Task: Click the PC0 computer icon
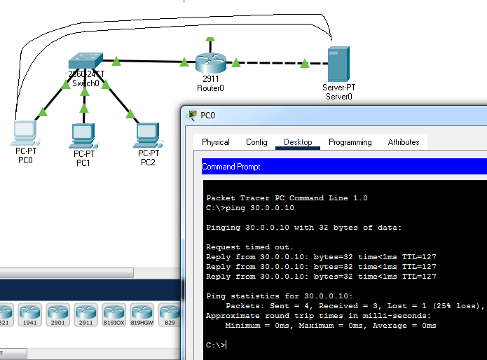[25, 133]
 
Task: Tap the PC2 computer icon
[148, 135]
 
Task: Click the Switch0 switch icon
[85, 60]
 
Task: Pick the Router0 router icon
[211, 63]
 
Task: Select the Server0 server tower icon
[339, 64]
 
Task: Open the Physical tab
[216, 142]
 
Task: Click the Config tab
[256, 142]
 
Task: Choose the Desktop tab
[298, 142]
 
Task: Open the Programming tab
[350, 142]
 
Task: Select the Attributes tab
[404, 142]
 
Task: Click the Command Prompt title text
[231, 167]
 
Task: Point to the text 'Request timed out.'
[249, 247]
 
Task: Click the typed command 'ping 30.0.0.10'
[260, 207]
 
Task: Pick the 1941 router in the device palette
[30, 314]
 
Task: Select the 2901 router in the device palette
[57, 314]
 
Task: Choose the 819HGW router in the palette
[142, 314]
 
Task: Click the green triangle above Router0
[210, 39]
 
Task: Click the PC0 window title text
[208, 116]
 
